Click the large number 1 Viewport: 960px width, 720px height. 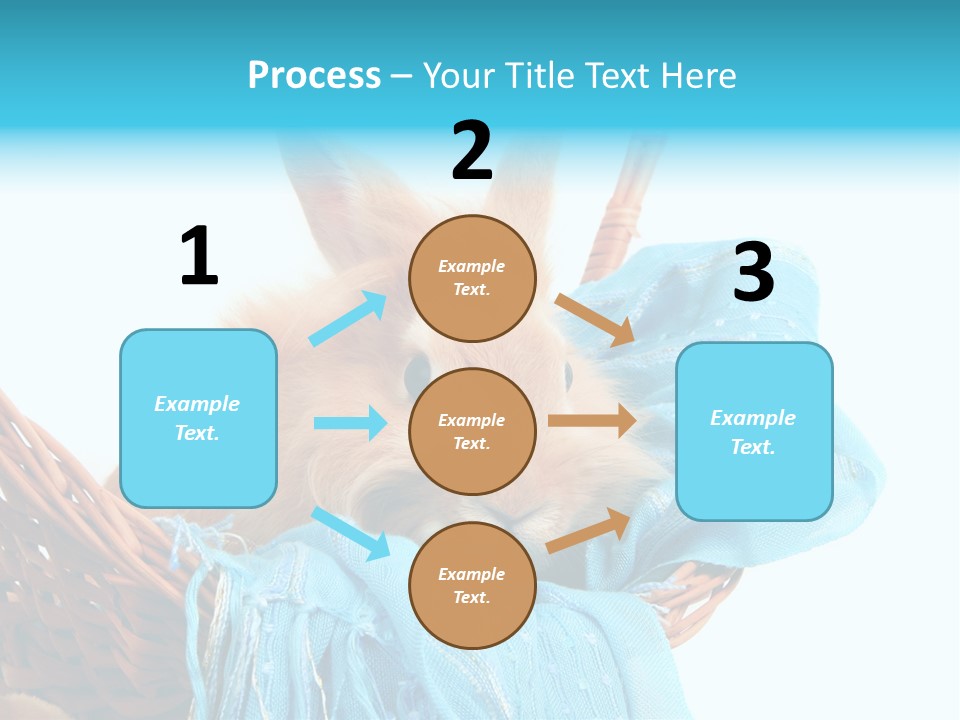pos(199,257)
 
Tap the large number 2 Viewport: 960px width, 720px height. pos(472,152)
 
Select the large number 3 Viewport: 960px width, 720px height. pos(753,273)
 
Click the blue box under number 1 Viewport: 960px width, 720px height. pos(198,418)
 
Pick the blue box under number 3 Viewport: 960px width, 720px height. pos(754,432)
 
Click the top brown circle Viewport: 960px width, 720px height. pos(472,278)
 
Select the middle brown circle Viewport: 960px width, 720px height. pos(472,431)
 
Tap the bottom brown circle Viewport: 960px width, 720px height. pos(472,585)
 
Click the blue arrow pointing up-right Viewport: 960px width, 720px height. pos(348,319)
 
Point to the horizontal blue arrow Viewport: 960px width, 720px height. pos(350,423)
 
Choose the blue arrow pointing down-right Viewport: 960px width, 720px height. pos(351,533)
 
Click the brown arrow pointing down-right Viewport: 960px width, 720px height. pos(595,319)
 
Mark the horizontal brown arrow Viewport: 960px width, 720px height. pos(592,420)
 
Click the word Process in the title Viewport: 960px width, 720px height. pos(314,76)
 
